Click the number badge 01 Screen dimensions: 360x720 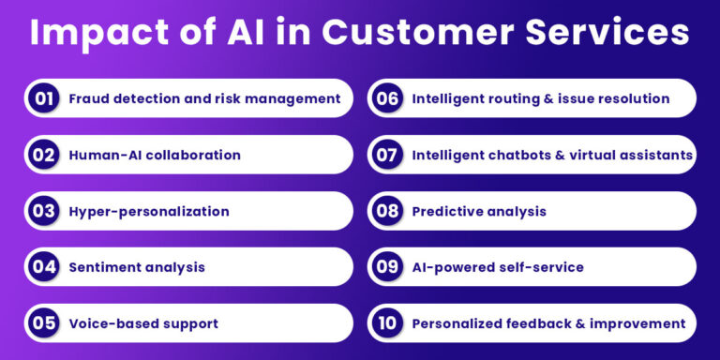pyautogui.click(x=43, y=98)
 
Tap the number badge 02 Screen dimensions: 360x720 pyautogui.click(x=43, y=155)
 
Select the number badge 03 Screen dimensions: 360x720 pyautogui.click(x=43, y=211)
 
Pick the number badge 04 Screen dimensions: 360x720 pyautogui.click(x=43, y=267)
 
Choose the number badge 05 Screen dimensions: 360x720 pyautogui.click(x=43, y=323)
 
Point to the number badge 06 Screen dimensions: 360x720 pyautogui.click(x=387, y=98)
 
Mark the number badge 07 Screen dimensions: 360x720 pyautogui.click(x=387, y=155)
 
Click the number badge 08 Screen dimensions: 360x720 pyautogui.click(x=387, y=211)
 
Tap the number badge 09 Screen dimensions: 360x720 pyautogui.click(x=387, y=267)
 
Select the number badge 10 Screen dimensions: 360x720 pyautogui.click(x=387, y=323)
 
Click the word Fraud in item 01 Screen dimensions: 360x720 pyautogui.click(x=90, y=98)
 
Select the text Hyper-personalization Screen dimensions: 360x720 pyautogui.click(x=149, y=211)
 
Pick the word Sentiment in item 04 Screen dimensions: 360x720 pyautogui.click(x=105, y=267)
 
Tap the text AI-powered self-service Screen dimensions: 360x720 pyautogui.click(x=498, y=267)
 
